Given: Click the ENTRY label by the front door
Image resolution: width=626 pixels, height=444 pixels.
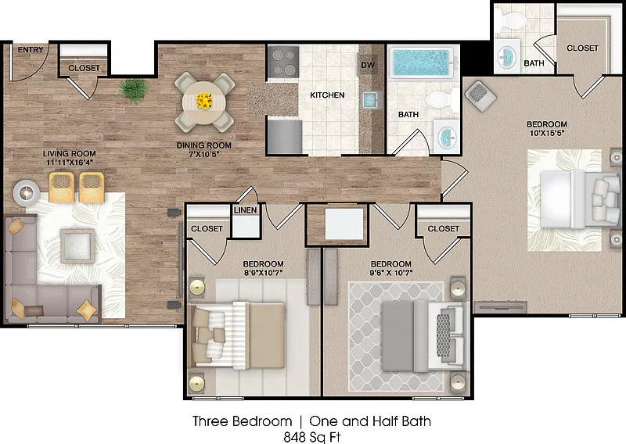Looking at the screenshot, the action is pos(31,50).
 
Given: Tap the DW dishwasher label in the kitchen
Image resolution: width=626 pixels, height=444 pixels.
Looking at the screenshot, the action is pos(368,65).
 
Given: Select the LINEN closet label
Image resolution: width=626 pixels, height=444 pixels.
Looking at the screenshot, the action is pos(245,210).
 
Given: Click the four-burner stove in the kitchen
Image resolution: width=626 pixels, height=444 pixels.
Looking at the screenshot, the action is pos(283,62).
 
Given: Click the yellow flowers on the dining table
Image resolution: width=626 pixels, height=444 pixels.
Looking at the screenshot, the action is pos(204,101).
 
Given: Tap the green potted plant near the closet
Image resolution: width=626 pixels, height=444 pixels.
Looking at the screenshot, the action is pos(133,90).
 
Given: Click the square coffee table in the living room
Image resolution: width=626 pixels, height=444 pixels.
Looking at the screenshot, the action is pos(77,245).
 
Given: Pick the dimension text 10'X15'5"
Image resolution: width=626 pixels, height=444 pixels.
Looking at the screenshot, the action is pos(546,133).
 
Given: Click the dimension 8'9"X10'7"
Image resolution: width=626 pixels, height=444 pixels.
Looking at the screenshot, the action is pos(263,273).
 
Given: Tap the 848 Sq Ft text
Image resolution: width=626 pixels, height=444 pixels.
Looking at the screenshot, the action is pos(312,437).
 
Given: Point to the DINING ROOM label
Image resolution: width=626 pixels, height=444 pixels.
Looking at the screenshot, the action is pos(204,145).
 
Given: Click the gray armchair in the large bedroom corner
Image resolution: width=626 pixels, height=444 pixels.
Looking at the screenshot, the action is pos(480,95).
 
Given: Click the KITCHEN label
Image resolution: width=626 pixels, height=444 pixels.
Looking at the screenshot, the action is pos(327,95).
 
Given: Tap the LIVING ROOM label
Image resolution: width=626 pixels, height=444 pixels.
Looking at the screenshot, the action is pos(70,153).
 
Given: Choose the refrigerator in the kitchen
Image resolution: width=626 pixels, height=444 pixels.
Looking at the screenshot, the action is pos(285,137).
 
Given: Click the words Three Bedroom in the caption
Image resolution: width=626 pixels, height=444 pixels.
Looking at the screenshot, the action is pos(243,421).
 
